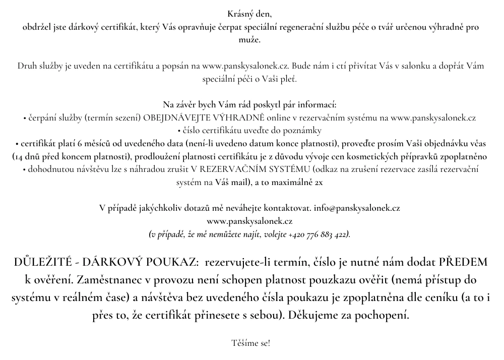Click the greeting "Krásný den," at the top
tap(250, 14)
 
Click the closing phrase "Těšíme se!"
tap(250, 343)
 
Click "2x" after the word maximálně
tap(319, 183)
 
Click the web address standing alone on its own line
tap(250, 221)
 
